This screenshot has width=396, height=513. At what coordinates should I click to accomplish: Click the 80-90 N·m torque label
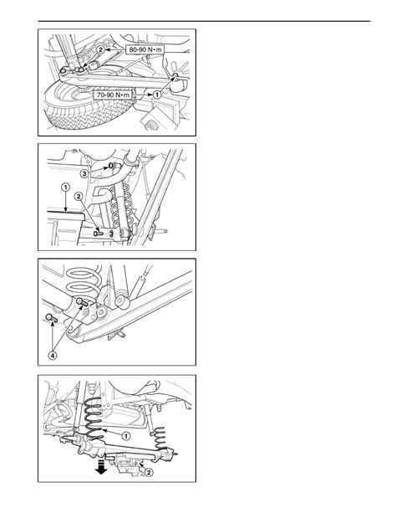pyautogui.click(x=145, y=49)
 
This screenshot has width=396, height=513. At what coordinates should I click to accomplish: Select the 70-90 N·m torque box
pyautogui.click(x=113, y=95)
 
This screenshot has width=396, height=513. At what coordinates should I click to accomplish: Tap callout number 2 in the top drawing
pyautogui.click(x=100, y=49)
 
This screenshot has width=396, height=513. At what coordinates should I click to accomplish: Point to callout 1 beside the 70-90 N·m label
pyautogui.click(x=157, y=95)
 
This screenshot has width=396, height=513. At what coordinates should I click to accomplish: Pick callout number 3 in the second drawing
pyautogui.click(x=84, y=173)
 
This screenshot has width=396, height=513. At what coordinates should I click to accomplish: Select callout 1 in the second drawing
pyautogui.click(x=66, y=187)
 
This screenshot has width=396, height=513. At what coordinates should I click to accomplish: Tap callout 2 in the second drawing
pyautogui.click(x=79, y=197)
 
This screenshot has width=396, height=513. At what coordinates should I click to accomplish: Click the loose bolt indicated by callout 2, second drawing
pyautogui.click(x=98, y=233)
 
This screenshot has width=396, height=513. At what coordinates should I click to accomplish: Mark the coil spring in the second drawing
pyautogui.click(x=120, y=206)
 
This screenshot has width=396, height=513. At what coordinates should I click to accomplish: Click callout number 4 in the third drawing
pyautogui.click(x=53, y=355)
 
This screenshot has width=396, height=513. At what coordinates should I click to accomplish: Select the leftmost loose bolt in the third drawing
pyautogui.click(x=51, y=318)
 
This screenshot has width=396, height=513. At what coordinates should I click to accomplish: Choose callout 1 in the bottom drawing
pyautogui.click(x=126, y=436)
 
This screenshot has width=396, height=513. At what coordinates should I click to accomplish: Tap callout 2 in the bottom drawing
pyautogui.click(x=149, y=473)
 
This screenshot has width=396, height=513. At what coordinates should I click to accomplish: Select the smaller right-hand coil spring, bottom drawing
pyautogui.click(x=160, y=439)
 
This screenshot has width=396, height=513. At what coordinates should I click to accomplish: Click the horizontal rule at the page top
pyautogui.click(x=204, y=21)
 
